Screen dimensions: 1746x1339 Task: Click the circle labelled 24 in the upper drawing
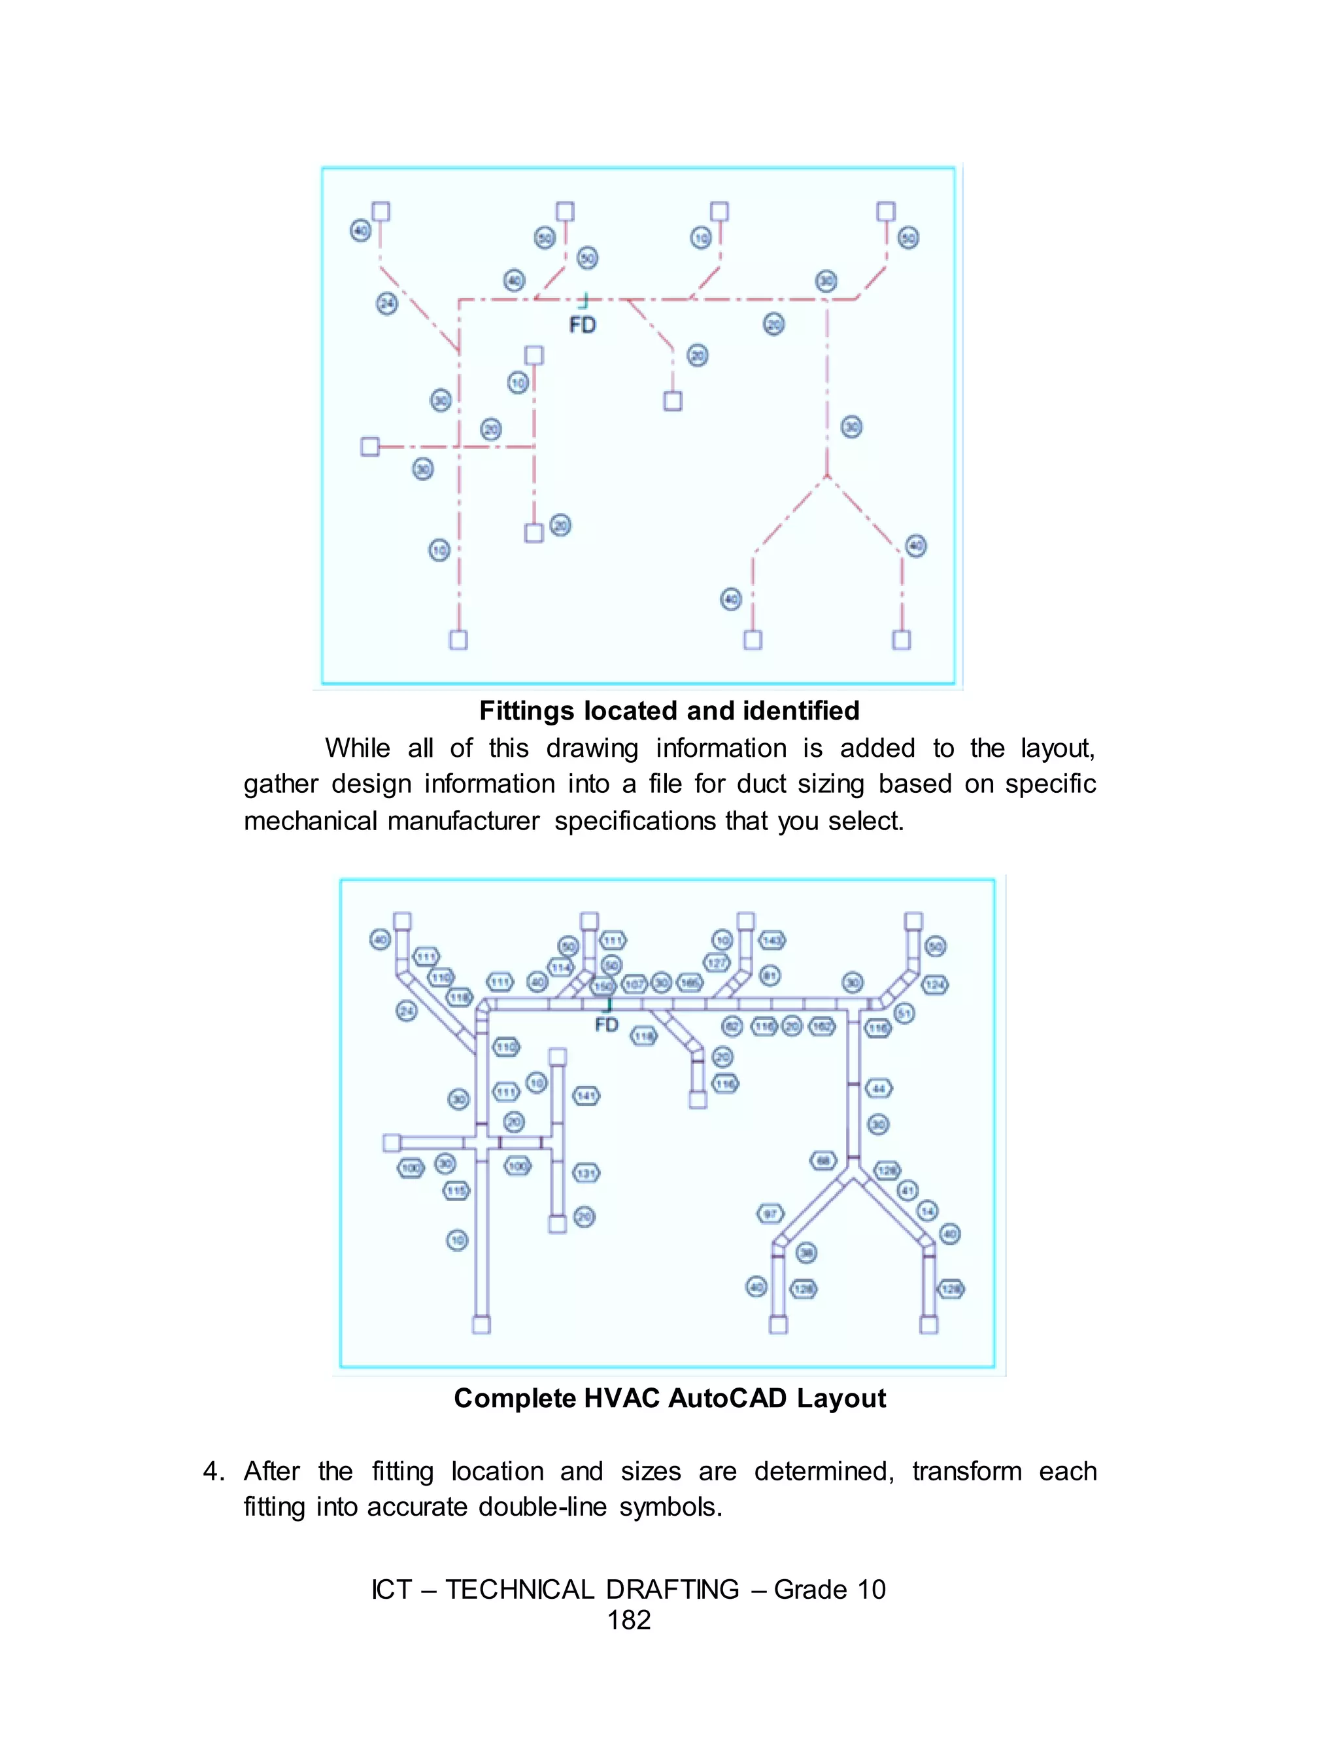pos(386,303)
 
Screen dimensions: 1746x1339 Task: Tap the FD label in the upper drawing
pos(583,324)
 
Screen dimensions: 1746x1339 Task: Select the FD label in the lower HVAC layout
pos(607,1024)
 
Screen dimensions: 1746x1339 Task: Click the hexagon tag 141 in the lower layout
pos(586,1096)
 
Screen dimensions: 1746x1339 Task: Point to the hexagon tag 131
pos(586,1174)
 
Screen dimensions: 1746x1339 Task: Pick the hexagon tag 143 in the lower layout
pos(771,940)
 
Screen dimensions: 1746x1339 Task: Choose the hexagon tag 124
pos(935,985)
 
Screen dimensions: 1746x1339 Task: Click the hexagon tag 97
pos(770,1214)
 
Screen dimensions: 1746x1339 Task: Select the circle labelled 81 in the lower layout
pos(770,975)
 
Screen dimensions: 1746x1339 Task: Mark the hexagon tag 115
pos(456,1191)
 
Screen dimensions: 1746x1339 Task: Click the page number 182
pos(629,1619)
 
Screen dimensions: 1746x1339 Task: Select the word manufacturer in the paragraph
pos(463,820)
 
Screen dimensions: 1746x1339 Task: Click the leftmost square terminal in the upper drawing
pos(370,446)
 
